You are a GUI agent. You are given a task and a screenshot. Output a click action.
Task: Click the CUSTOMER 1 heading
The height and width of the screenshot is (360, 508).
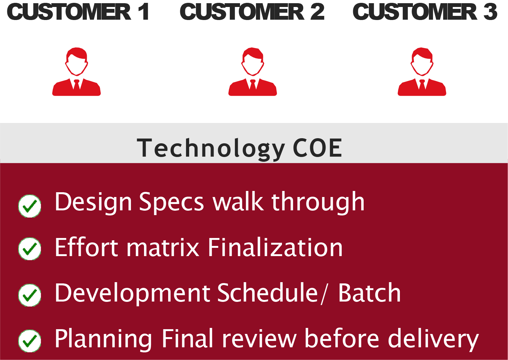[x=78, y=12]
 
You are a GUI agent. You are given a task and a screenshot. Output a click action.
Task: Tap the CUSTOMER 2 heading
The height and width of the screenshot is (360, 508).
[x=252, y=12]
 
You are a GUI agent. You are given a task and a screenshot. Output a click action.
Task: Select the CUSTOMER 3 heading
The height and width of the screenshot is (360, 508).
[x=425, y=12]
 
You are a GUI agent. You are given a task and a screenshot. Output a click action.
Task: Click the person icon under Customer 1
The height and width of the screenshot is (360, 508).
[x=76, y=71]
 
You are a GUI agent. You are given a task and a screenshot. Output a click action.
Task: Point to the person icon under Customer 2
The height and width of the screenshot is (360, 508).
[x=253, y=71]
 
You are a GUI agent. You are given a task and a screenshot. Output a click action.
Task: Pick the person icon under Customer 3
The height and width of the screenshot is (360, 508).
[x=422, y=71]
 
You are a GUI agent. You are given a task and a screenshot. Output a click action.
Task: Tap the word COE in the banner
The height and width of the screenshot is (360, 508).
[x=318, y=148]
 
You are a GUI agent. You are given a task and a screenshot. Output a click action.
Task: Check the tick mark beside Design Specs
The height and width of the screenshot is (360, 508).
[x=30, y=206]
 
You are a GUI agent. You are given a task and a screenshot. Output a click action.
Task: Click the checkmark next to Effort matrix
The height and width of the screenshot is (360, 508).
[x=30, y=249]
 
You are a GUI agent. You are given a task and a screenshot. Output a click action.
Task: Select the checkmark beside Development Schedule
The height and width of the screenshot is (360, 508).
[x=30, y=295]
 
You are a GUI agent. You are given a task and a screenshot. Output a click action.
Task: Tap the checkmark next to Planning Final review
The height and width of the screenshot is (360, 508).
[x=30, y=341]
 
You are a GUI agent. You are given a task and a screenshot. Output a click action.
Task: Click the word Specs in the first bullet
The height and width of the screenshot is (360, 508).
[x=172, y=203]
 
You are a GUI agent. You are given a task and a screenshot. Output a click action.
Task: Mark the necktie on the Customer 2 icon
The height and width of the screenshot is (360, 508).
[x=253, y=84]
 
